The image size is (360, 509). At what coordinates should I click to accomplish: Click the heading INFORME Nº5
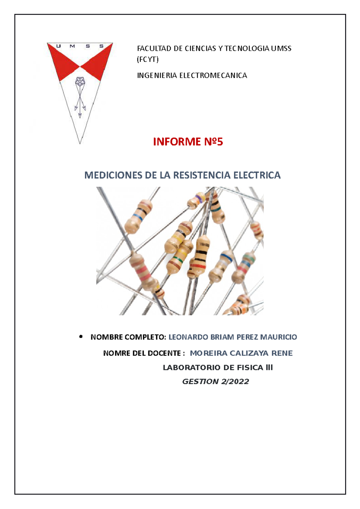(188, 141)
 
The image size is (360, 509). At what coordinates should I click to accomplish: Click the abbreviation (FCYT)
(148, 59)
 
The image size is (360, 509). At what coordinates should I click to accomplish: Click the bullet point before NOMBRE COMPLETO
(81, 337)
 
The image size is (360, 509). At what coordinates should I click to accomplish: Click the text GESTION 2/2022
(215, 382)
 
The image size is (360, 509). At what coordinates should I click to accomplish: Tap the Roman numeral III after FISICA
(269, 368)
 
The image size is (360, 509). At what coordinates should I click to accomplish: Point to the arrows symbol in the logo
(80, 103)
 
